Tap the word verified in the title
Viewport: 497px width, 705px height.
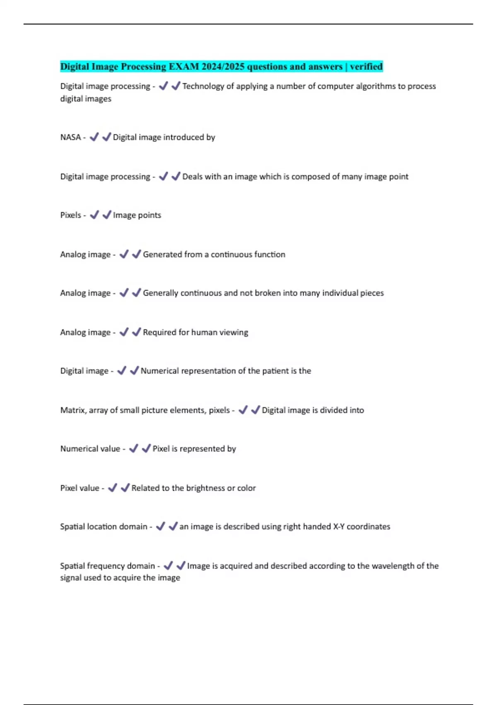pyautogui.click(x=366, y=66)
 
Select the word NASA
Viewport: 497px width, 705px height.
pyautogui.click(x=70, y=137)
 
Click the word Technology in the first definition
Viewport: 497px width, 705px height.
pyautogui.click(x=203, y=86)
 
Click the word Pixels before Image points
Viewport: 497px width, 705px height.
pyautogui.click(x=70, y=215)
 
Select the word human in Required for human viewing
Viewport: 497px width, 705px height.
pyautogui.click(x=206, y=332)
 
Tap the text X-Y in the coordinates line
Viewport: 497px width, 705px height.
pyautogui.click(x=339, y=527)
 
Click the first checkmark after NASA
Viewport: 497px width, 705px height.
pyautogui.click(x=94, y=137)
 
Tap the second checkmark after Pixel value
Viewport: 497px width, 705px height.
pyautogui.click(x=125, y=488)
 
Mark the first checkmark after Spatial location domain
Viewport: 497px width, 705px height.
pyautogui.click(x=160, y=526)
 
